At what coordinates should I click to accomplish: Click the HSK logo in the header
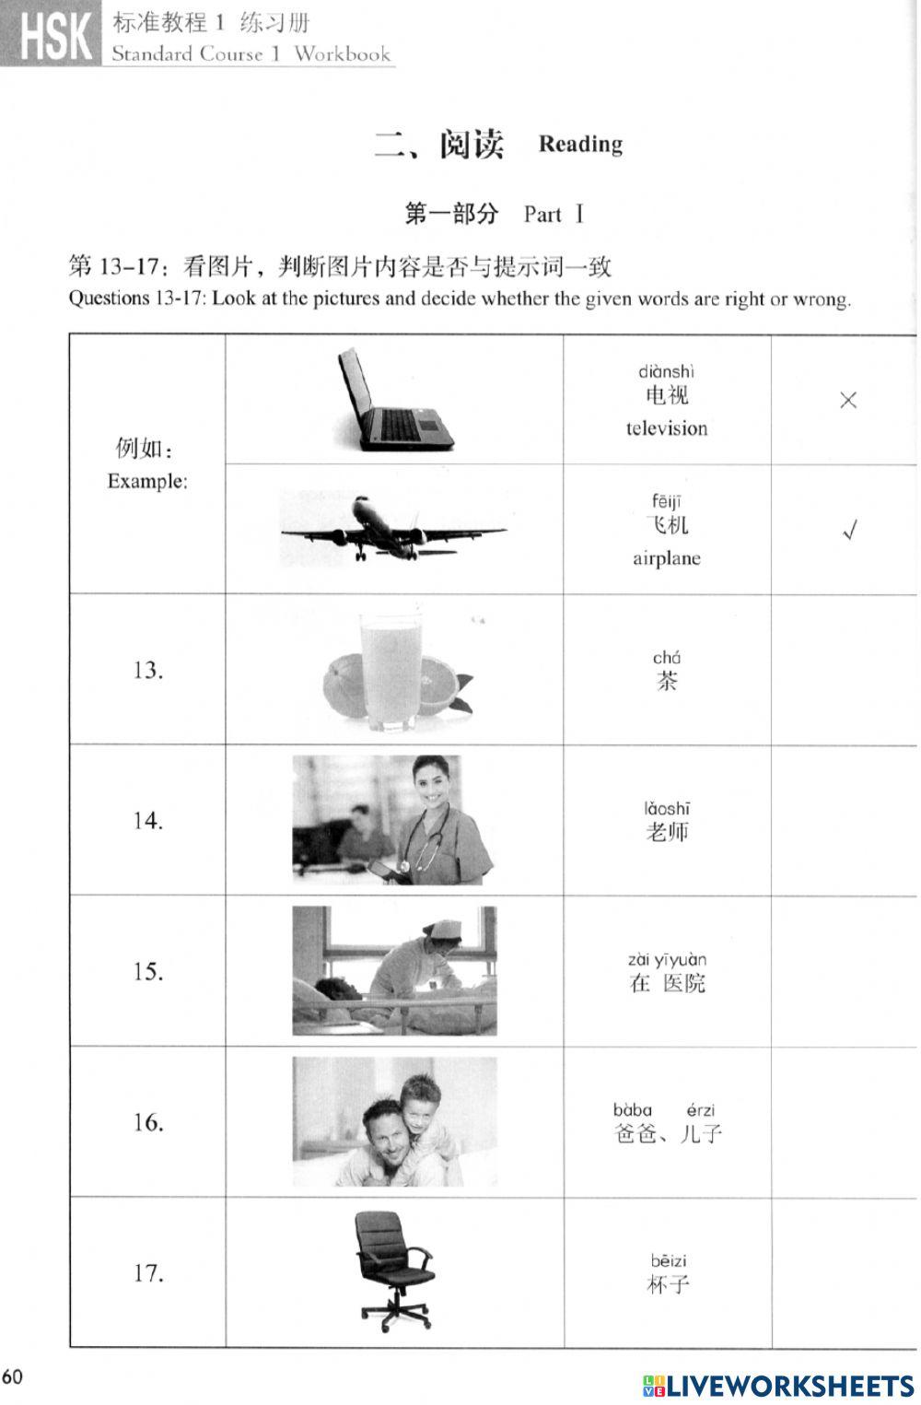(50, 35)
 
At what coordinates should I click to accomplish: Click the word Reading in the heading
(580, 144)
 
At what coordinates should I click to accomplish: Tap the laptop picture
(393, 399)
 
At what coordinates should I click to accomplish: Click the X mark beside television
(848, 400)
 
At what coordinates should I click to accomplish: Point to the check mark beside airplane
(850, 531)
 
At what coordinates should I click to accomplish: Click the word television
(667, 428)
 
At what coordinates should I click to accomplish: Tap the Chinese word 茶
(667, 682)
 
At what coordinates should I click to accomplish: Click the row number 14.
(147, 820)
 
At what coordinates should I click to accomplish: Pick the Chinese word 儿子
(700, 1134)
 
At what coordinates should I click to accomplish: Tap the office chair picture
(393, 1271)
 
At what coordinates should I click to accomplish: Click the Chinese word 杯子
(668, 1284)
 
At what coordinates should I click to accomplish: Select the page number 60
(12, 1377)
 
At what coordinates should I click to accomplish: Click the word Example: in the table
(147, 481)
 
